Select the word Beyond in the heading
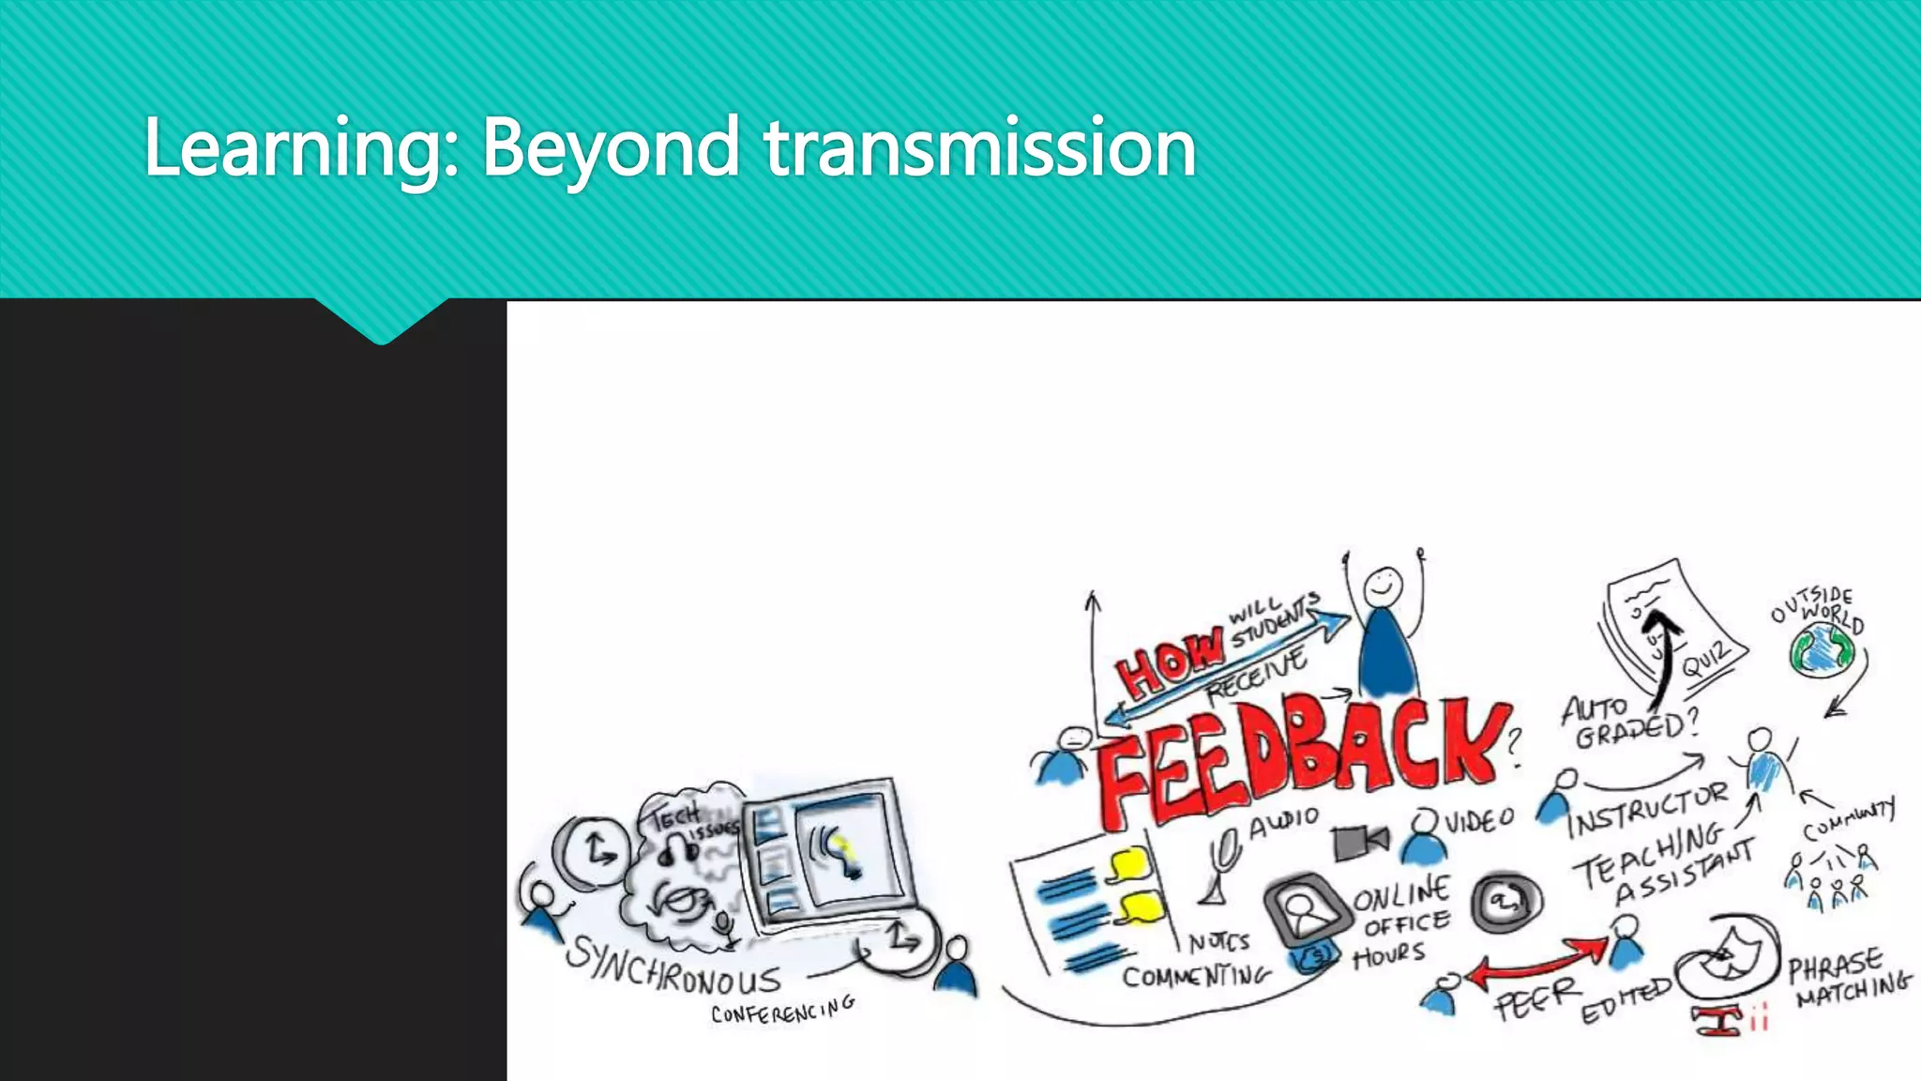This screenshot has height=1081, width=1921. click(x=610, y=148)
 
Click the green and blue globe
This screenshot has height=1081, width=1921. click(x=1823, y=649)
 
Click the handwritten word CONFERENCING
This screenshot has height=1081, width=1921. click(x=782, y=1010)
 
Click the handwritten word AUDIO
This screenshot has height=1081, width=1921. click(x=1283, y=823)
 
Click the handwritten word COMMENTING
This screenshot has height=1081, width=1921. click(x=1196, y=976)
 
